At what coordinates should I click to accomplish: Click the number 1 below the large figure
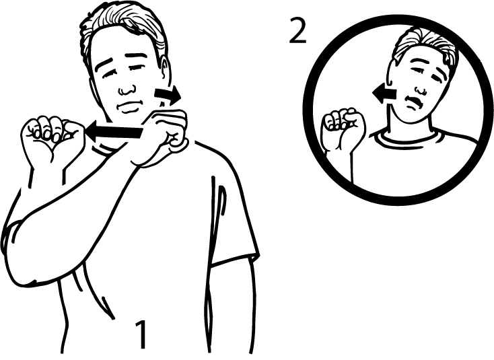[x=141, y=334]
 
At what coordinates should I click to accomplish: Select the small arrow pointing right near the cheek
[x=166, y=95]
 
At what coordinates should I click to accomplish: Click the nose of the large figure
[x=125, y=87]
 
